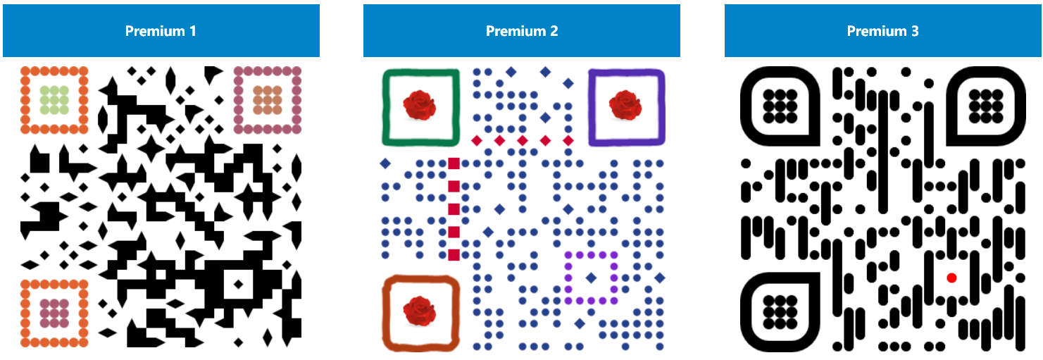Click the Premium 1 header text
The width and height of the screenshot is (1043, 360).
pyautogui.click(x=161, y=31)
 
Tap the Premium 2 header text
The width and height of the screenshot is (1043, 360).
pyautogui.click(x=522, y=31)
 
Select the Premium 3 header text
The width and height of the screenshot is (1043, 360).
pyautogui.click(x=882, y=31)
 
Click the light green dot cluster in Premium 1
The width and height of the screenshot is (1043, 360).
pyautogui.click(x=54, y=100)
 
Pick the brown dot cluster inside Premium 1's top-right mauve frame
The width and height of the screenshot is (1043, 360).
pyautogui.click(x=268, y=100)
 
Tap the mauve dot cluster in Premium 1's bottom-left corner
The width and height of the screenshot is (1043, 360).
pyautogui.click(x=54, y=313)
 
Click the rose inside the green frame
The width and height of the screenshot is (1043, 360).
pyautogui.click(x=420, y=105)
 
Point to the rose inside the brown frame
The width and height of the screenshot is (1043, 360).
pyautogui.click(x=420, y=311)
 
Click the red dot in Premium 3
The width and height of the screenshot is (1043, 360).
pyautogui.click(x=951, y=278)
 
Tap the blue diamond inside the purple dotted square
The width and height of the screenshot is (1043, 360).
pyautogui.click(x=591, y=278)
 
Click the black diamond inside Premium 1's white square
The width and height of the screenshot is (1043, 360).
pyautogui.click(x=238, y=285)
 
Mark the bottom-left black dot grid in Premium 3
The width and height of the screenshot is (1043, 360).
pyautogui.click(x=779, y=311)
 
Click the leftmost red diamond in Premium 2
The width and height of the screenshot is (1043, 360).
pyautogui.click(x=477, y=140)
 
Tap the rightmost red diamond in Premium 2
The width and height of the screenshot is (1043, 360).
pyautogui.click(x=568, y=140)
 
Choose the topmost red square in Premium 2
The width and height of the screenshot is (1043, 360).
pyautogui.click(x=454, y=163)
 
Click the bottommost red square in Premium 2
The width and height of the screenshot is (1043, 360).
pyautogui.click(x=454, y=254)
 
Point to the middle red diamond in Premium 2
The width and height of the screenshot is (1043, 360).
pyautogui.click(x=523, y=140)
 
